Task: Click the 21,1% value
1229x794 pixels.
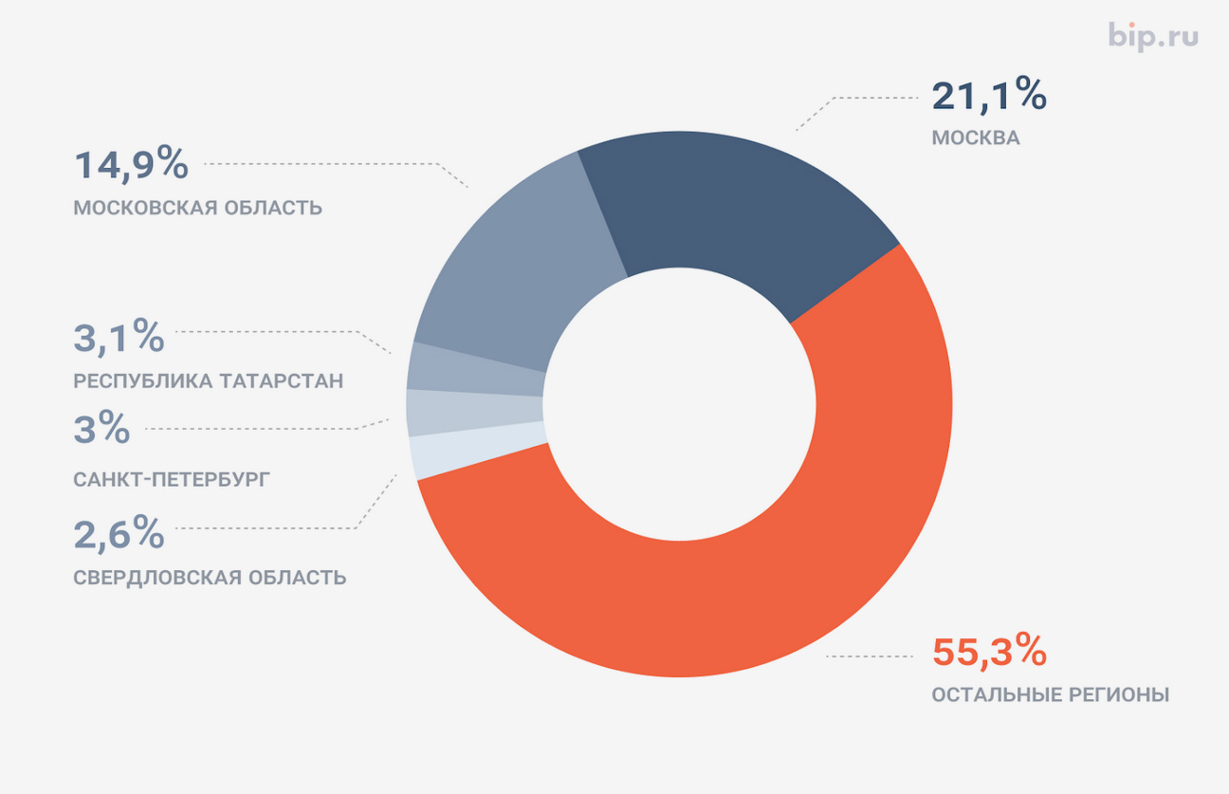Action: pyautogui.click(x=988, y=96)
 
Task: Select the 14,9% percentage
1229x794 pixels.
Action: pyautogui.click(x=131, y=165)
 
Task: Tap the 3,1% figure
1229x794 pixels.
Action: pyautogui.click(x=119, y=338)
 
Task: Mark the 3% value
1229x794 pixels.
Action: pyautogui.click(x=101, y=430)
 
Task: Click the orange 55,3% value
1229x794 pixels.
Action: pyautogui.click(x=988, y=653)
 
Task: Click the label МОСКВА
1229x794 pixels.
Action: pyautogui.click(x=975, y=138)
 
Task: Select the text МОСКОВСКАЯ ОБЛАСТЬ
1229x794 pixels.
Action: pyautogui.click(x=197, y=208)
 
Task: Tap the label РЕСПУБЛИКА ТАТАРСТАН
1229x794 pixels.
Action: pyautogui.click(x=208, y=381)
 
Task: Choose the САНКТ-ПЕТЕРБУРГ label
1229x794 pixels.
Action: pyautogui.click(x=171, y=479)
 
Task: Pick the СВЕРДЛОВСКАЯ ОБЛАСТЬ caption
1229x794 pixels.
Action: pyautogui.click(x=210, y=578)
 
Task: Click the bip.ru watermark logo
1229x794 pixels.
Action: pyautogui.click(x=1153, y=37)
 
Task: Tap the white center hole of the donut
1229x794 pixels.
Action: pyautogui.click(x=679, y=406)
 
